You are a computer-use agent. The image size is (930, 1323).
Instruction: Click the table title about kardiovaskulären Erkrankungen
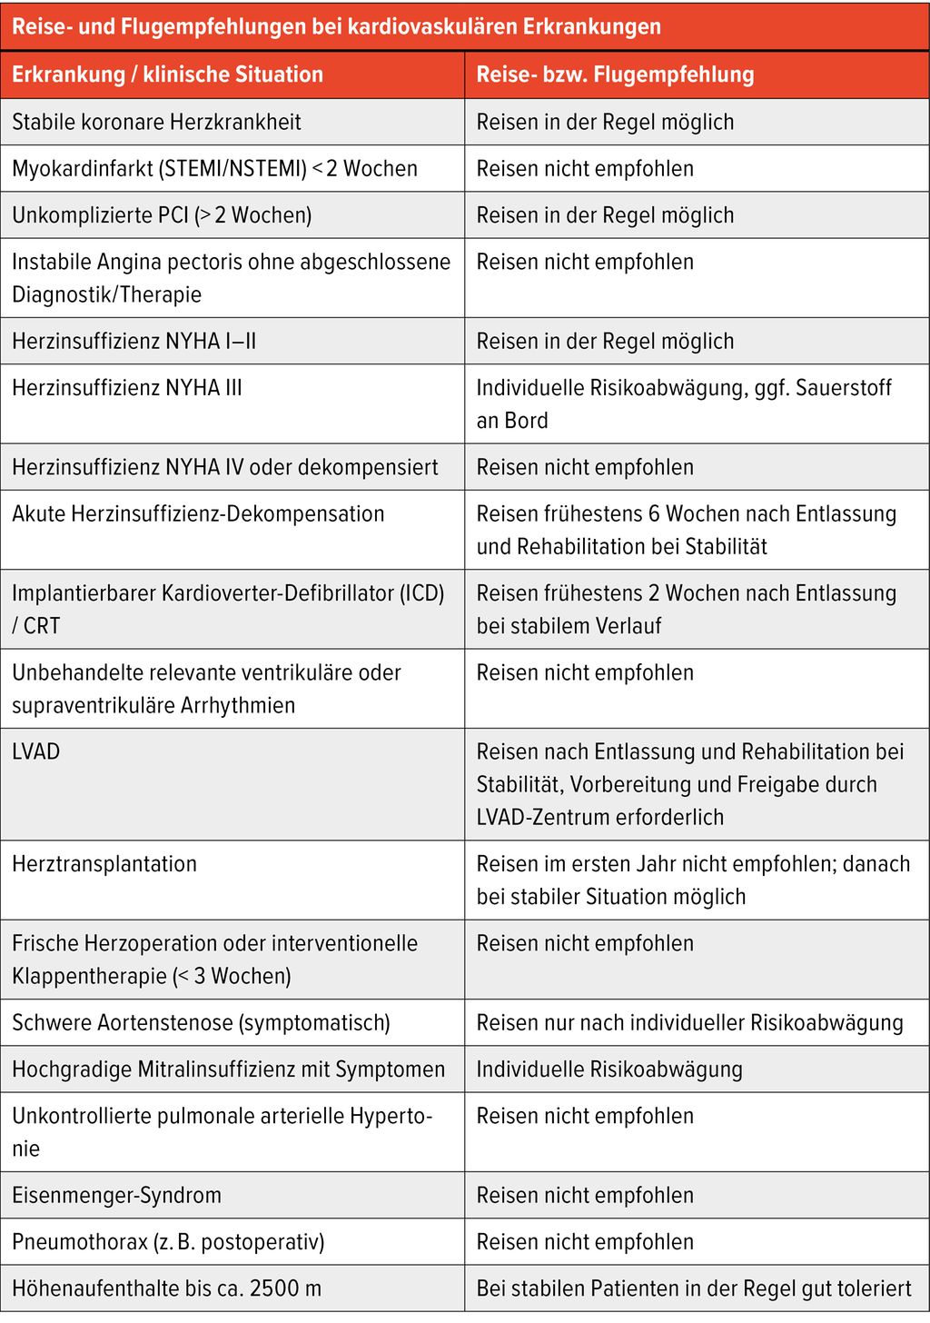[336, 26]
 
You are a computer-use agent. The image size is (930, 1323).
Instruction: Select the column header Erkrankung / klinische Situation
[167, 75]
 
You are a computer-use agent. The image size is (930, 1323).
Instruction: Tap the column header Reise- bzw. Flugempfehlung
[615, 75]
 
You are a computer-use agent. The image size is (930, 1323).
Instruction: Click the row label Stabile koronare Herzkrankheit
[156, 122]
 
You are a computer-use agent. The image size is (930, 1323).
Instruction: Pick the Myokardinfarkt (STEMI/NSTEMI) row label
[214, 169]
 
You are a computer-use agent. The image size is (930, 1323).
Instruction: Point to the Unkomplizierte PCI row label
[162, 215]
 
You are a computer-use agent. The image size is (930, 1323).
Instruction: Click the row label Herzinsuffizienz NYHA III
[127, 388]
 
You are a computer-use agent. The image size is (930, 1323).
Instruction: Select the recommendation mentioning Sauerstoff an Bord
[683, 403]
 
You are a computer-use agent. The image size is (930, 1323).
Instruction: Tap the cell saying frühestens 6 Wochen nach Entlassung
[686, 530]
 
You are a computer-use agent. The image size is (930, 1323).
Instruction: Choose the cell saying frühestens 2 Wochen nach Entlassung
[686, 609]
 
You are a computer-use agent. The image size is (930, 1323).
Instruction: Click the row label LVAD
[36, 752]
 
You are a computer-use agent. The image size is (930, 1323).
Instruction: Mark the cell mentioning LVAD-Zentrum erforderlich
[690, 784]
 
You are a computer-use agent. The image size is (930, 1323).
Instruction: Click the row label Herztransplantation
[104, 864]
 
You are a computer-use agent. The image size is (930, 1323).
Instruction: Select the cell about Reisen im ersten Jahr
[692, 880]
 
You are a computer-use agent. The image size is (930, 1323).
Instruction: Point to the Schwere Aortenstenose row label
[201, 1023]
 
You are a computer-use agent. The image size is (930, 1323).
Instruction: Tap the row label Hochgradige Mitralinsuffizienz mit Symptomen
[228, 1069]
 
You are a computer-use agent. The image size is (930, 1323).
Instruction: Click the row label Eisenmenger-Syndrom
[116, 1196]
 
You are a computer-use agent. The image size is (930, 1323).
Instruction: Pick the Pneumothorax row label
[168, 1242]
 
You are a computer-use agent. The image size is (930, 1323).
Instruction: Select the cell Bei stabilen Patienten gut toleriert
[694, 1288]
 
